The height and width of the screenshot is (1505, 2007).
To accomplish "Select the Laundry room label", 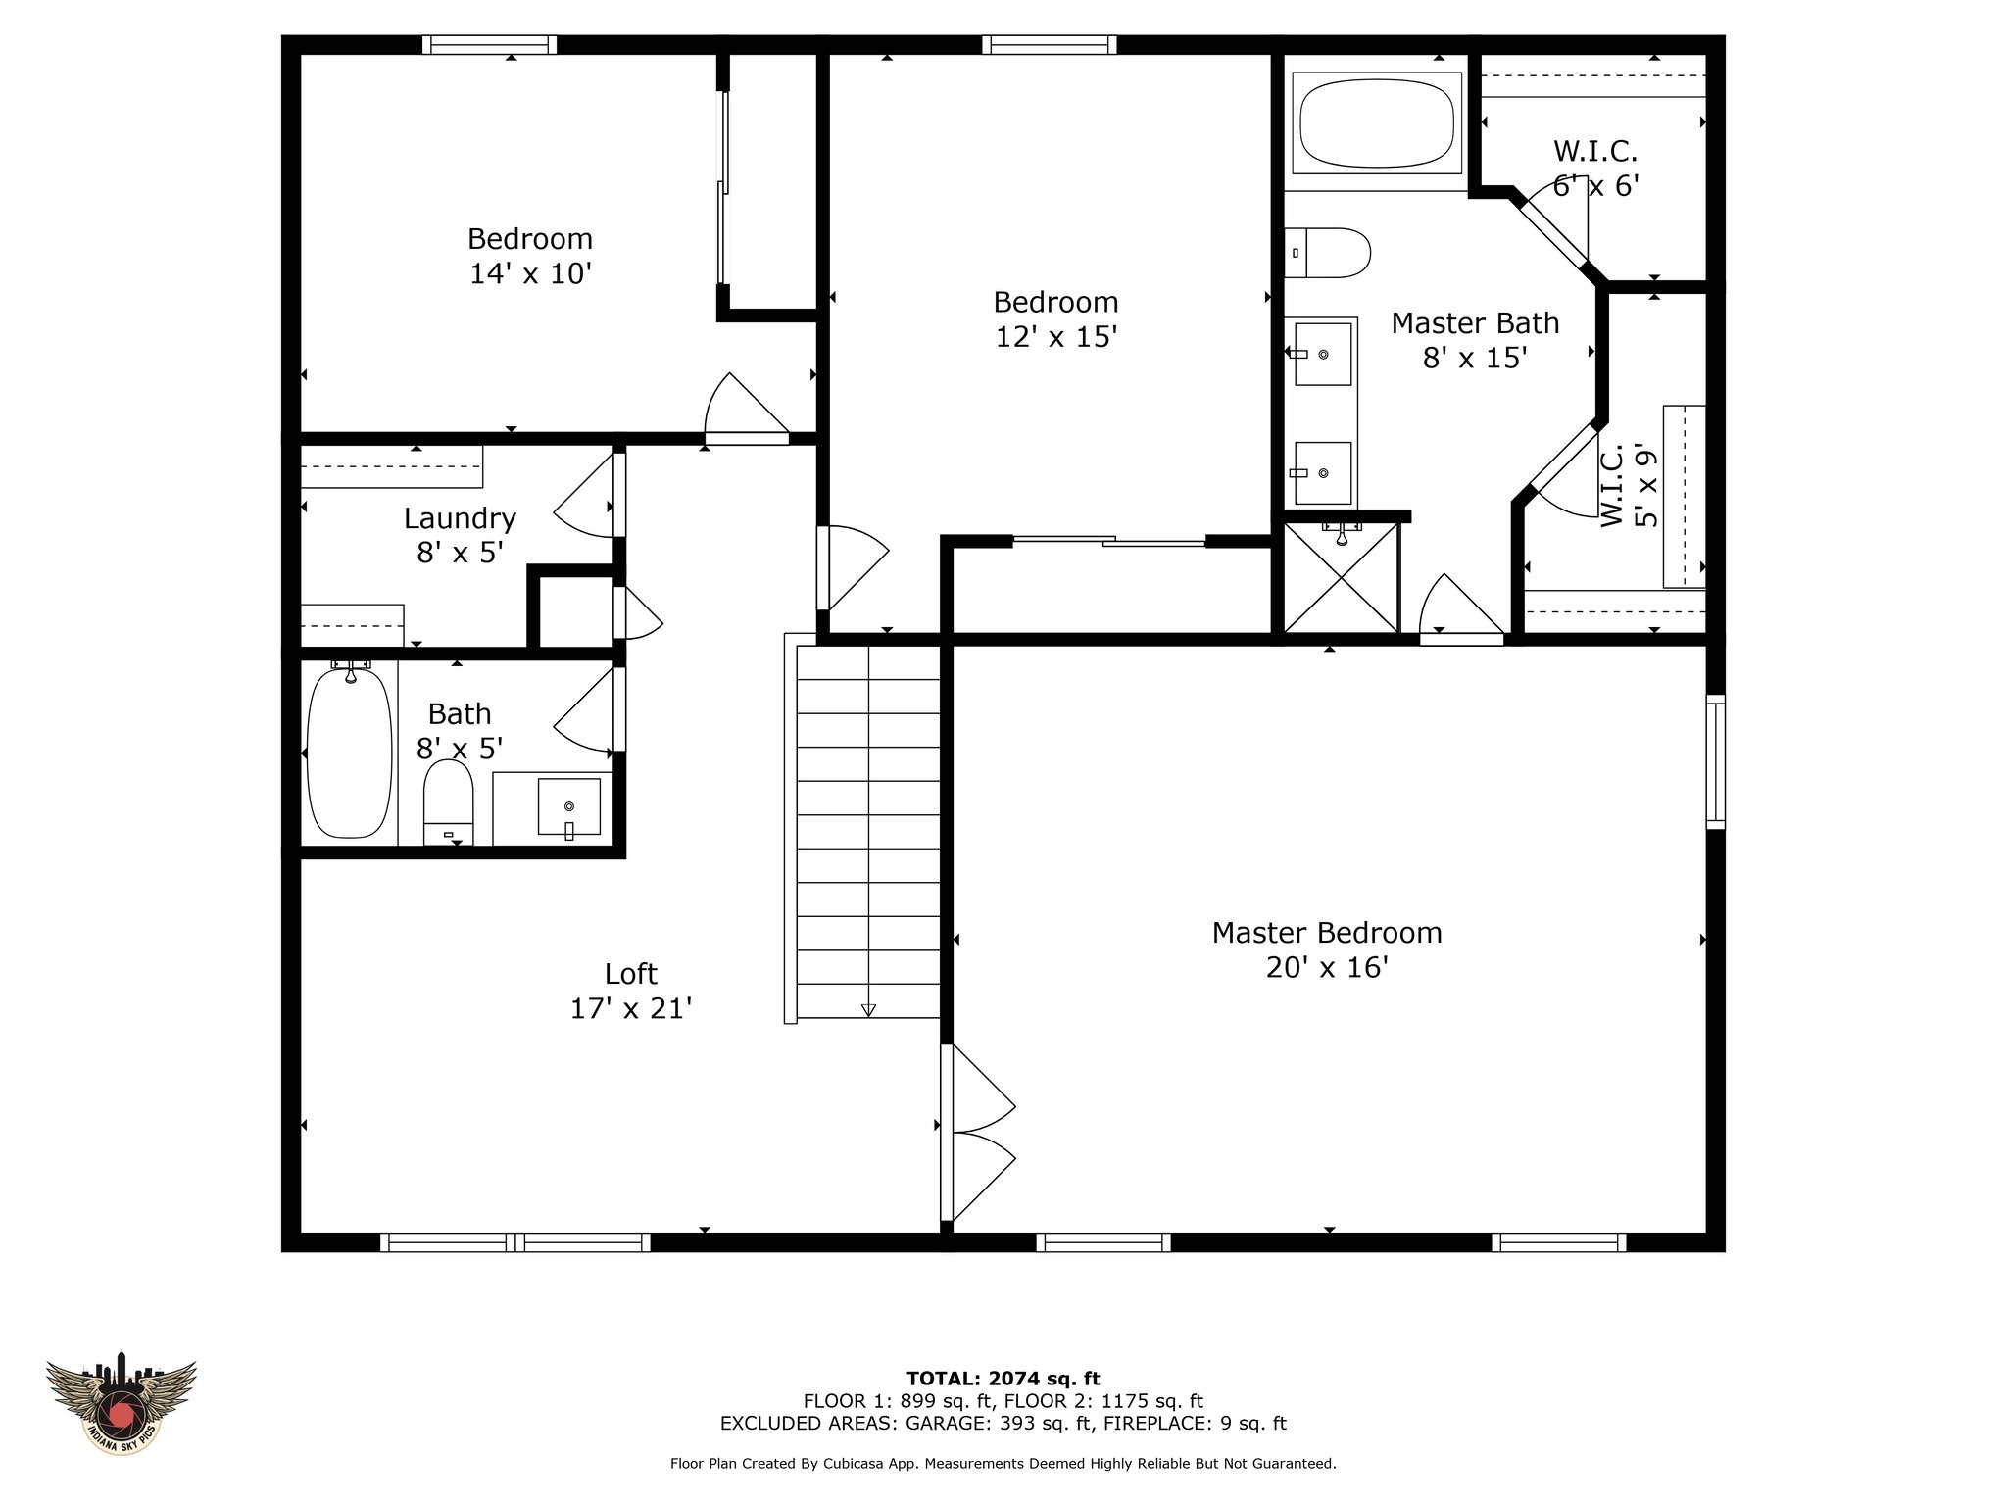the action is (x=460, y=519).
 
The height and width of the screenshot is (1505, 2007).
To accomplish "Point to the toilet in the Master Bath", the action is (x=1327, y=253).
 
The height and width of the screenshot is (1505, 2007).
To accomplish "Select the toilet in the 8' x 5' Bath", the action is (x=448, y=801).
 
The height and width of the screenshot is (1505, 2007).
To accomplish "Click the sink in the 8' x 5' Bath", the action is (x=568, y=807).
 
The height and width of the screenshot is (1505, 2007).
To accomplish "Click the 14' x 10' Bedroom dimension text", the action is (x=530, y=273).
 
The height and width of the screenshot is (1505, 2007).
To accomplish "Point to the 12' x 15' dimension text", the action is (x=1056, y=337).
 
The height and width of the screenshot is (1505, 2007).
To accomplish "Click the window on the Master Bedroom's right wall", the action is (x=1715, y=761).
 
